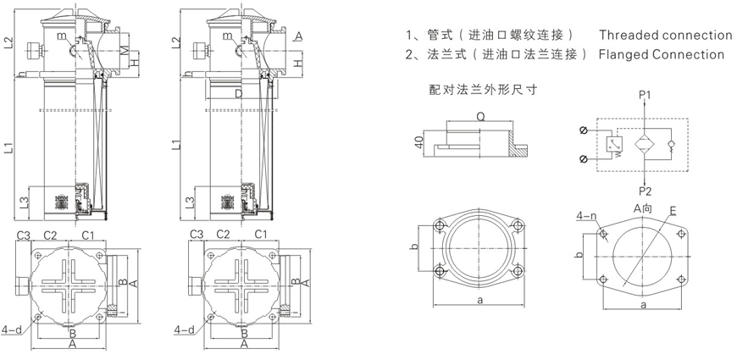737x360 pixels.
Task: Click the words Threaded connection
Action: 665,35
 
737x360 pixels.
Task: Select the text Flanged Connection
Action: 661,54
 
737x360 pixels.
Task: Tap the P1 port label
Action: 645,93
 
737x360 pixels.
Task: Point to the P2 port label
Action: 645,189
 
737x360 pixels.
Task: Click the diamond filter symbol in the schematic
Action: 646,142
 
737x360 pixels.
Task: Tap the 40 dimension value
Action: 418,141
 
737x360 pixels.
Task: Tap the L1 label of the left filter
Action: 8,147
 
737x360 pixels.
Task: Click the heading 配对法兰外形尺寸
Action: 484,88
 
